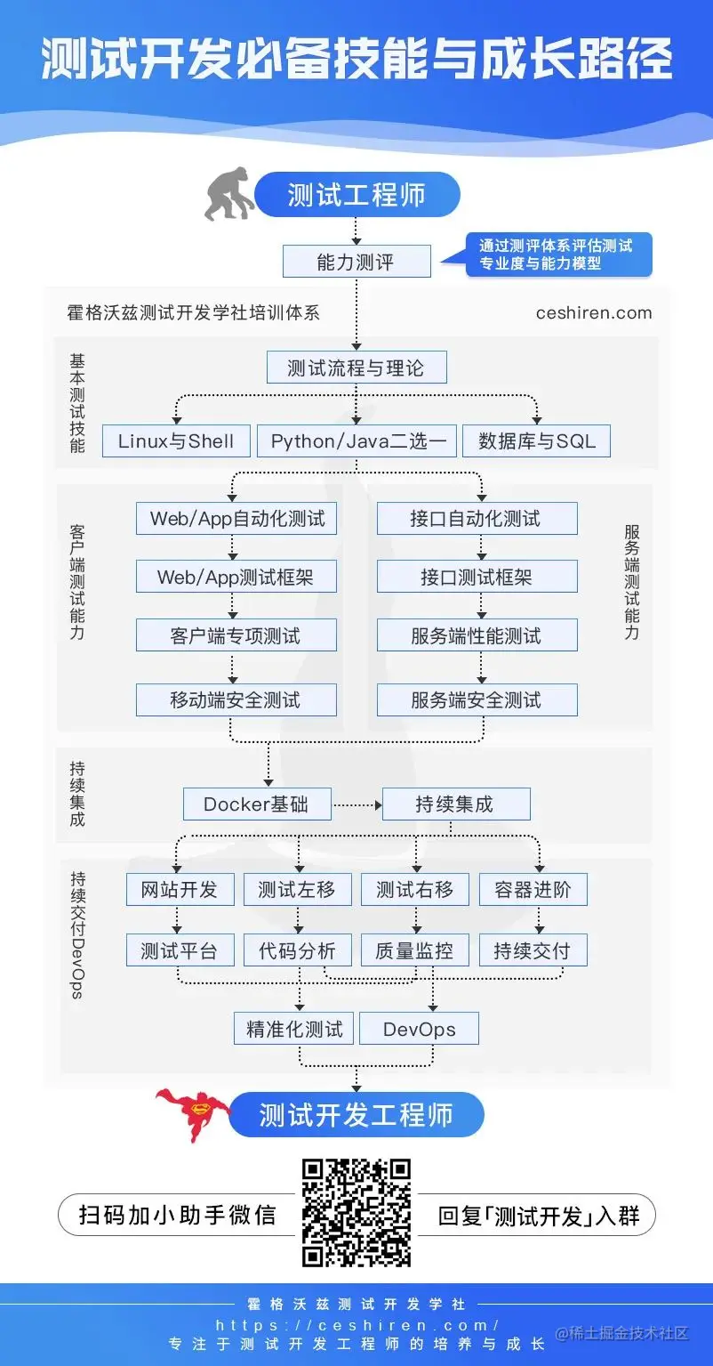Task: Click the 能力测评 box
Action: (356, 263)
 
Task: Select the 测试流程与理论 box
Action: (356, 368)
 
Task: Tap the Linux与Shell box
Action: (176, 441)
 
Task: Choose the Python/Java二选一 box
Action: (356, 441)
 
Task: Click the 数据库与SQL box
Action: (536, 441)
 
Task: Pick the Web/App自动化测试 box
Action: (236, 519)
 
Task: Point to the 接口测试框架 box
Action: (477, 577)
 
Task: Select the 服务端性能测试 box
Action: (477, 636)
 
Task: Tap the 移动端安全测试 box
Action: (236, 700)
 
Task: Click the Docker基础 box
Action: (257, 804)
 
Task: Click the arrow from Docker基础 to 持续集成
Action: (356, 804)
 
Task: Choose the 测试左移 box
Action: (297, 890)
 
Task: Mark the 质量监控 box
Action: (414, 950)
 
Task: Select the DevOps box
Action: (419, 1029)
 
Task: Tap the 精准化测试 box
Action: (294, 1029)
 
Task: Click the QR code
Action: (356, 1212)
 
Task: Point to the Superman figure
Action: (191, 1113)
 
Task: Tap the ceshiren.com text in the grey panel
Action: (594, 313)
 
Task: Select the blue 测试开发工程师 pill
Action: (356, 1115)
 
